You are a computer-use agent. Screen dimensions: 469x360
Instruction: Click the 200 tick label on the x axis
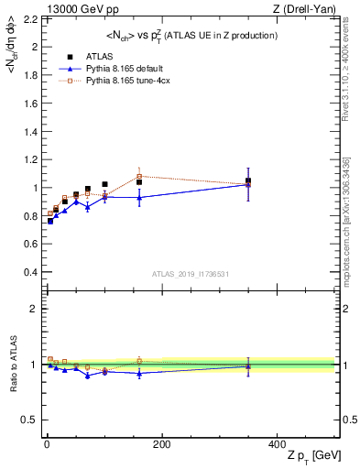[x=161, y=444]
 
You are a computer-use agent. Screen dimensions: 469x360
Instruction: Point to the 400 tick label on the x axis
[x=277, y=444]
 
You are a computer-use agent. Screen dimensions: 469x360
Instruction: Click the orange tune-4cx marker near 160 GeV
[x=139, y=176]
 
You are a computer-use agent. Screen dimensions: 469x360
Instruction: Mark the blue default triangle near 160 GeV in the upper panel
[x=139, y=197]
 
